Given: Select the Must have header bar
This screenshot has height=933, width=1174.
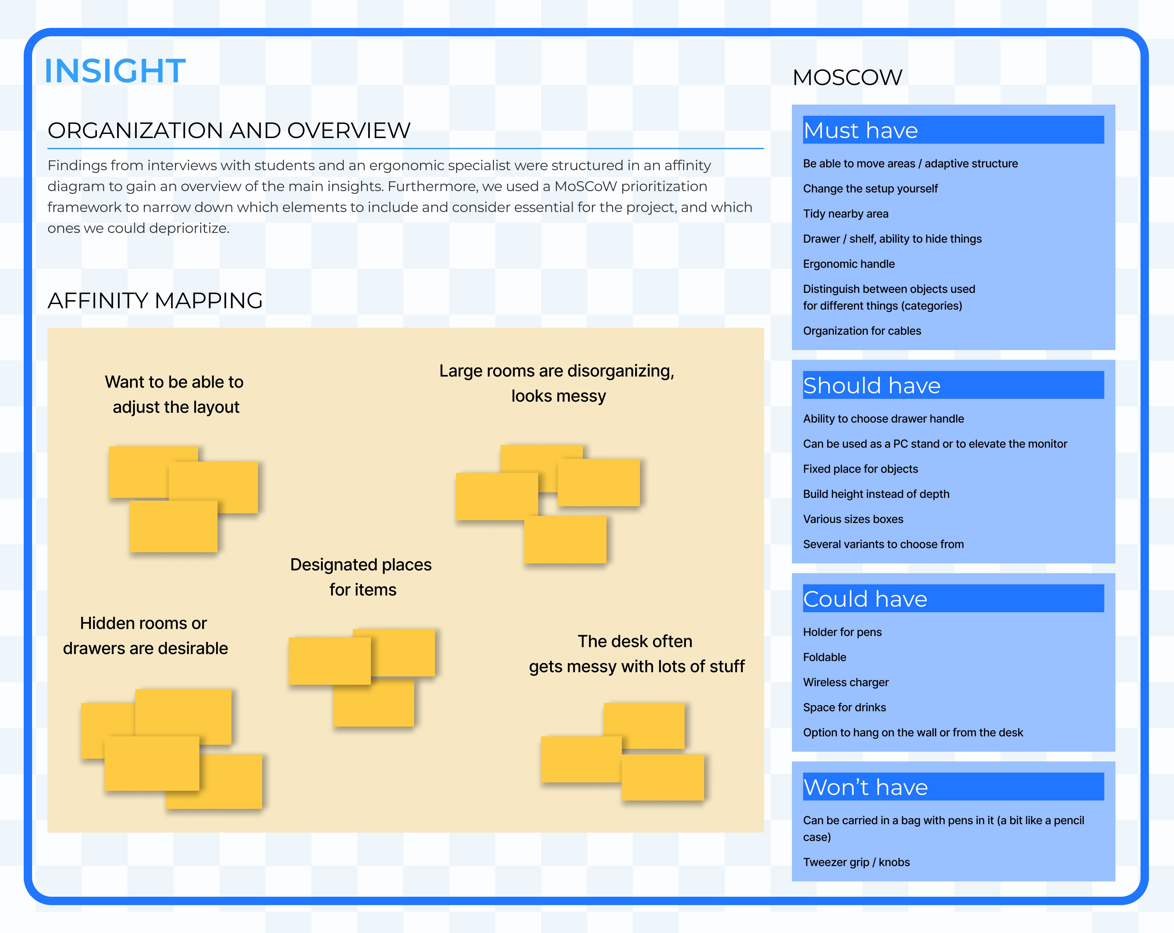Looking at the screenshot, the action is coord(953,130).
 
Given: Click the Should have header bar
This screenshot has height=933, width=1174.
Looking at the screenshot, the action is coord(953,385).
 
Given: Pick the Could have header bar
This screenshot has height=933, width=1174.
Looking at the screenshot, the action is coord(953,599).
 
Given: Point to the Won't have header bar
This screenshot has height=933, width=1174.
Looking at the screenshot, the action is coord(953,787).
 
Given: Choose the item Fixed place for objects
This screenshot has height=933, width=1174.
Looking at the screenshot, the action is coord(860,469).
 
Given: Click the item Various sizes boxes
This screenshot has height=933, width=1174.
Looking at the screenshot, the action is coord(853,519).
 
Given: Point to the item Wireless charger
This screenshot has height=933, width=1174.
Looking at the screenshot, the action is coord(845,682).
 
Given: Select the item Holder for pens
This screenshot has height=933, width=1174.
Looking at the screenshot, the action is coord(842,632).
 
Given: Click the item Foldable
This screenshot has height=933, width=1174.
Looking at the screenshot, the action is coord(824,658).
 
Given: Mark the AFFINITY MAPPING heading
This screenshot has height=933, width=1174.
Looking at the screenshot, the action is coord(155,301).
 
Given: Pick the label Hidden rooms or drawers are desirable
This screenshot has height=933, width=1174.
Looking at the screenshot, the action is coord(145,636).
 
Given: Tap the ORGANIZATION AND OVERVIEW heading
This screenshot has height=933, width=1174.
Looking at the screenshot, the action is coord(229,131).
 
